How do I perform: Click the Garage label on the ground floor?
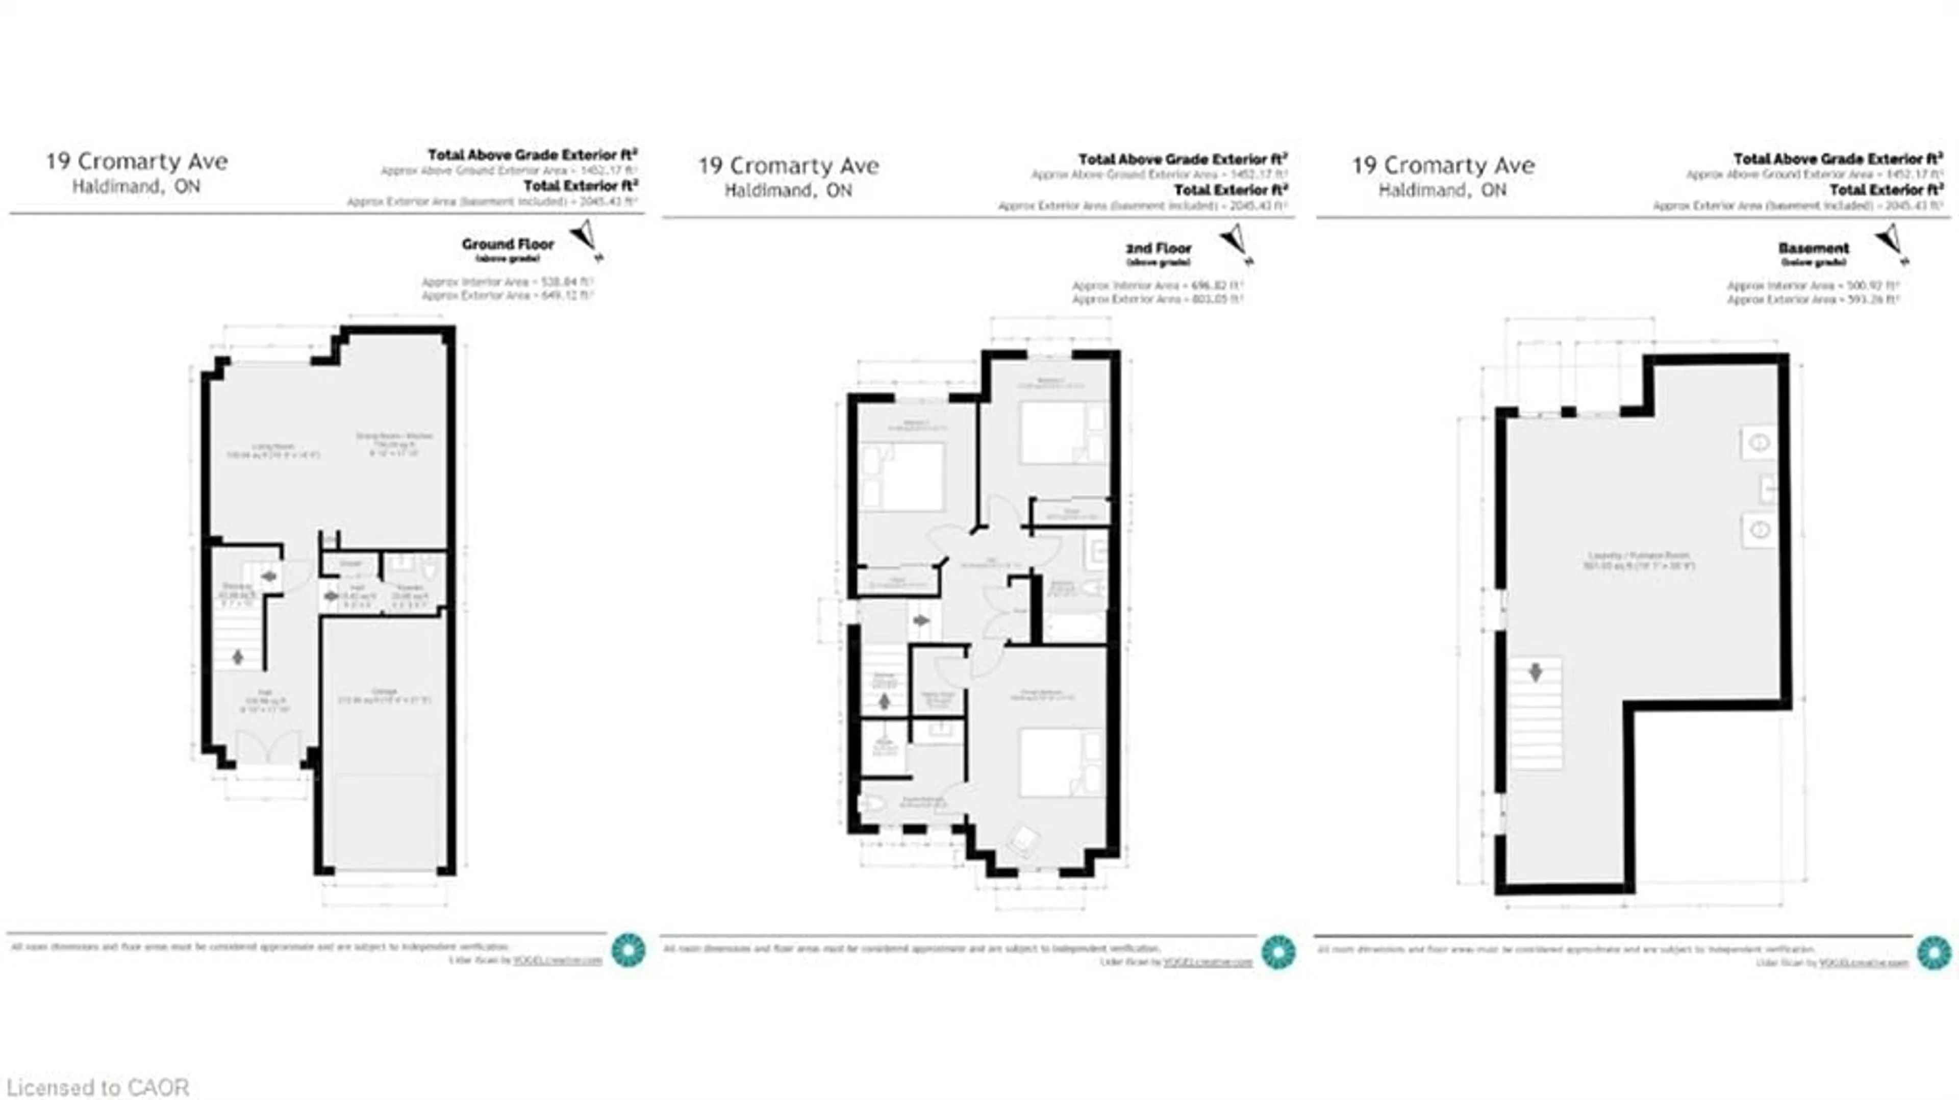(x=384, y=691)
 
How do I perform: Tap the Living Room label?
(x=274, y=447)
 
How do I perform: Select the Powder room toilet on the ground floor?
(x=429, y=567)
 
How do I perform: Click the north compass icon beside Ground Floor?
(x=586, y=237)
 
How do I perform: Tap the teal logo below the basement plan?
(x=1934, y=953)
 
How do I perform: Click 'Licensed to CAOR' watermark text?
(x=98, y=1087)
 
